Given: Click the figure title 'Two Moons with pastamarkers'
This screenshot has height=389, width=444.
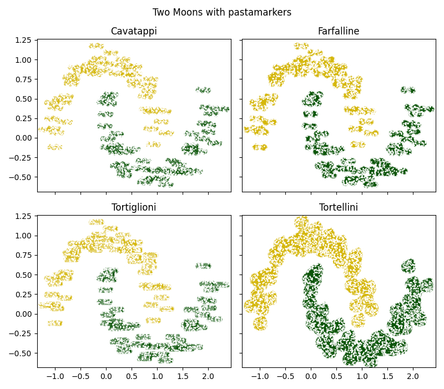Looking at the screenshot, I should tap(222, 12).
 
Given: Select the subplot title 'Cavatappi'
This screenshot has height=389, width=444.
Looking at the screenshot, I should tap(134, 31).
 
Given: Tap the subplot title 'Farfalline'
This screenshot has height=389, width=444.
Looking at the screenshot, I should tap(339, 31).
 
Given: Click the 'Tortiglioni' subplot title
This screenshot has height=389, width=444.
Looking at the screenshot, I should tap(134, 207).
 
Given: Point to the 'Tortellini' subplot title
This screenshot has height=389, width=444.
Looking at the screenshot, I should tap(339, 207).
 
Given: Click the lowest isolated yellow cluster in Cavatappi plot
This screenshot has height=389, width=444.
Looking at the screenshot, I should tap(55, 147).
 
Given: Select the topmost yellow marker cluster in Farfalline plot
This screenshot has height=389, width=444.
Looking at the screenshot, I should tap(301, 46).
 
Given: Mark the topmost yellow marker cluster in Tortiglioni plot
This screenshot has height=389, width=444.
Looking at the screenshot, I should tap(96, 222).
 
